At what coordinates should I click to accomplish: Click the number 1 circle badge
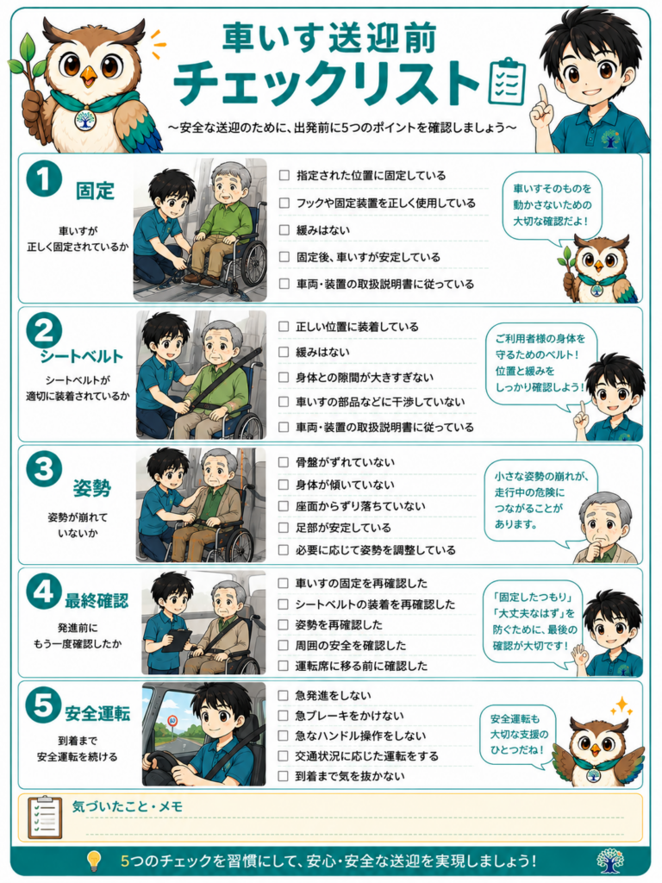click(x=43, y=178)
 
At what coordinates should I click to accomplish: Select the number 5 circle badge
click(x=43, y=705)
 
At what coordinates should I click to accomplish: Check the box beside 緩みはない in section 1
click(x=284, y=230)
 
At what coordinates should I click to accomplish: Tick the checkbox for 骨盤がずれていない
click(x=284, y=462)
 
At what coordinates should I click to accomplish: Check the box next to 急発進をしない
click(x=283, y=696)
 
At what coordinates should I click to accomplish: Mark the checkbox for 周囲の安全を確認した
click(x=283, y=645)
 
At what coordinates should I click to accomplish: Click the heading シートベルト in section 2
click(x=82, y=356)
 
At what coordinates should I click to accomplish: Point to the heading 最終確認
click(x=97, y=601)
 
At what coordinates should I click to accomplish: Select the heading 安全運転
click(x=97, y=713)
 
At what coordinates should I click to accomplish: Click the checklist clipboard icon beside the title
click(x=507, y=82)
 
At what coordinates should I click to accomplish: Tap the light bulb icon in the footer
click(x=94, y=861)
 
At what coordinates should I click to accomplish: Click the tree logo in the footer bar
click(x=610, y=860)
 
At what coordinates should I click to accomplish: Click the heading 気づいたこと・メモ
click(x=128, y=806)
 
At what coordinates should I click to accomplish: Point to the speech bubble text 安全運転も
click(x=515, y=719)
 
